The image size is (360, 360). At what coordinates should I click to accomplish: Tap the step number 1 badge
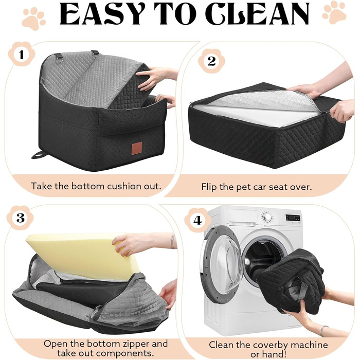22,55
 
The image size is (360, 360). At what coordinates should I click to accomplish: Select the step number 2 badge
211,61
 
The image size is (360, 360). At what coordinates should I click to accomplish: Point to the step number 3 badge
21,218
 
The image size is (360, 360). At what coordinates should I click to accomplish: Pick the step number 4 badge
197,220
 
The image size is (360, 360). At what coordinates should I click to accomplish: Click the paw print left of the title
33,19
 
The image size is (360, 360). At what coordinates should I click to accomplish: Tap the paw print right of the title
334,13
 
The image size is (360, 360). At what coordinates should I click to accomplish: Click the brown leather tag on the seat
137,147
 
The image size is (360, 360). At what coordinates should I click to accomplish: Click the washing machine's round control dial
267,217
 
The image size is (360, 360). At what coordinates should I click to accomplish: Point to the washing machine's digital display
293,218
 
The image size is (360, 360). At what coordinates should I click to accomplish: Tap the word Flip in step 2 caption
209,187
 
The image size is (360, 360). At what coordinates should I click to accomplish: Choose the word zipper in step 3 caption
133,344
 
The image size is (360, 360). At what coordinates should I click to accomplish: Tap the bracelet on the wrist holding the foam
172,242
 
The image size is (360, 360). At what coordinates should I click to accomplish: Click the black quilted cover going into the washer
292,280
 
